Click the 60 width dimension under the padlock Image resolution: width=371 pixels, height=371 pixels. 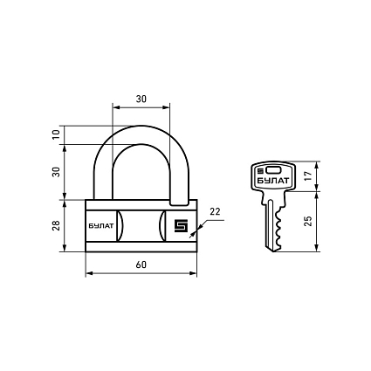coord(141,265)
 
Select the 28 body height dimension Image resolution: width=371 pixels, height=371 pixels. coord(56,225)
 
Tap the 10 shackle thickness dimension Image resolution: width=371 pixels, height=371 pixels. coord(56,134)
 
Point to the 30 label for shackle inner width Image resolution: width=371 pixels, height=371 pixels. coord(141,100)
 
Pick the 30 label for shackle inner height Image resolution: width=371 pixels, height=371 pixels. coord(56,172)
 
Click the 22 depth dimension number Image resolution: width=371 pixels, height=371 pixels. coord(216,212)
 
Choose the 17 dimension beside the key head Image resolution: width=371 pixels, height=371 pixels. coord(307,175)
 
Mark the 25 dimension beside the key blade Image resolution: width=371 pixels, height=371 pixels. coord(307,221)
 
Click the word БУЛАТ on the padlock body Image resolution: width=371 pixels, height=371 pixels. coord(101,226)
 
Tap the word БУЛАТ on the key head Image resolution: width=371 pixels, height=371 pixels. coord(273,181)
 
